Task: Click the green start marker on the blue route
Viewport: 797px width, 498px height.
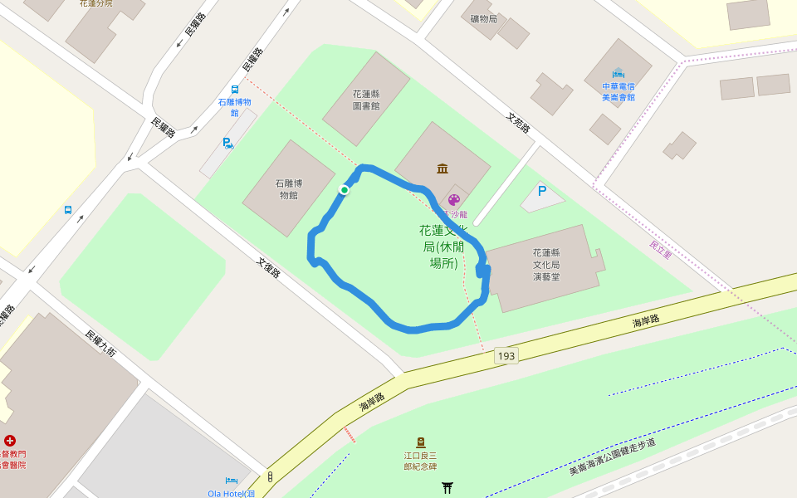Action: (x=344, y=190)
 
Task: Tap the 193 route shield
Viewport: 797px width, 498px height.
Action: (x=506, y=356)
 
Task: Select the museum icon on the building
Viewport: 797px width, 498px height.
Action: (x=443, y=168)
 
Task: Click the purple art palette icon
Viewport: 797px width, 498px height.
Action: (x=454, y=199)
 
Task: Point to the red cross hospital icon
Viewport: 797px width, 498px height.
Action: (x=10, y=441)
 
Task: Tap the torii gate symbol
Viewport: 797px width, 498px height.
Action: (x=447, y=487)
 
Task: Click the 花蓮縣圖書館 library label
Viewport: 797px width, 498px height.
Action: (x=366, y=100)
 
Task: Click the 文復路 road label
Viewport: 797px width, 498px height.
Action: (x=269, y=267)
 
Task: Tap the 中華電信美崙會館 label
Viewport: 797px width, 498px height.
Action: (x=618, y=91)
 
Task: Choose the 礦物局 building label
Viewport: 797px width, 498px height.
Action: (x=483, y=18)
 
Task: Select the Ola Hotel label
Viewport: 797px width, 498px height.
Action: (x=232, y=493)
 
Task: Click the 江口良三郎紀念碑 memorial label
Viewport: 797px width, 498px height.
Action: (x=420, y=461)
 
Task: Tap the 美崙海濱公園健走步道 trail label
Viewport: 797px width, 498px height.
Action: (x=613, y=456)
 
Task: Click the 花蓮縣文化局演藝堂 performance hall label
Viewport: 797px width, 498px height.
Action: (x=546, y=264)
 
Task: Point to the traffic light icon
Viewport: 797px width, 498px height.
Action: (x=270, y=477)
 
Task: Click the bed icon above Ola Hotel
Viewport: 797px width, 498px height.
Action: (x=232, y=481)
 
